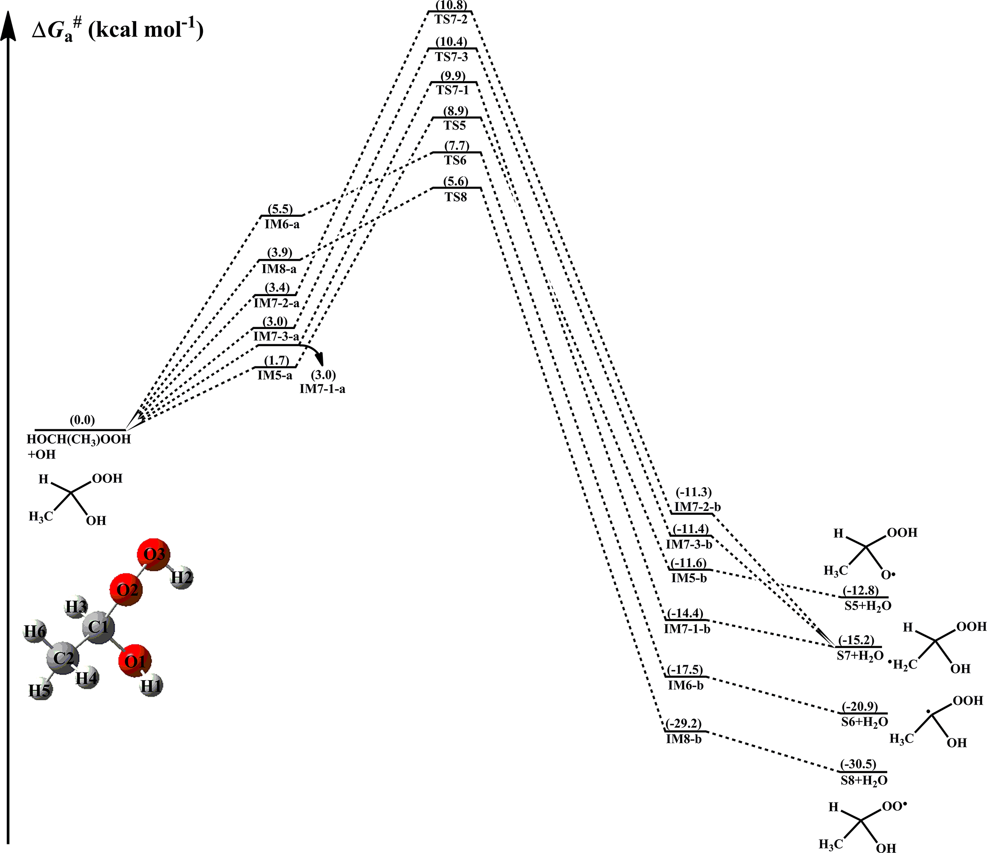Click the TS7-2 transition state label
[x=451, y=20]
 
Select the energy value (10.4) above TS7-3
[x=451, y=42]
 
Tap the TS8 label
[x=456, y=197]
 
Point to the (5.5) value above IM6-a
[x=280, y=209]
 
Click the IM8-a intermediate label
[x=279, y=269]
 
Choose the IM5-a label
[x=275, y=375]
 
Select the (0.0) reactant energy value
[x=82, y=420]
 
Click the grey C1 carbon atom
[x=98, y=627]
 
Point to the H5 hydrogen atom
[x=40, y=691]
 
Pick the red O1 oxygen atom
[x=135, y=661]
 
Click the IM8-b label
[x=683, y=740]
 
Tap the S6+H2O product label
[x=864, y=722]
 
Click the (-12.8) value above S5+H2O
[x=860, y=591]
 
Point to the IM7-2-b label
[x=697, y=507]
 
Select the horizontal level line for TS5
[x=456, y=118]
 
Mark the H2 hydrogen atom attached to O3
[x=182, y=578]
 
